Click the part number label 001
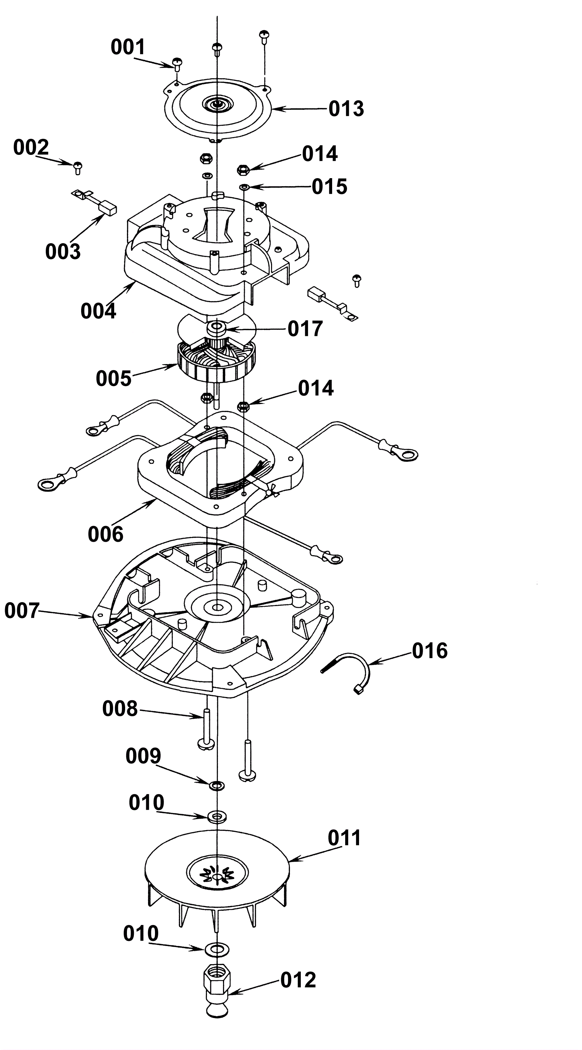point(128,47)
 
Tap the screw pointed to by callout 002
point(78,168)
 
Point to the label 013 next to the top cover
point(346,109)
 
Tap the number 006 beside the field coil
point(105,534)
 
